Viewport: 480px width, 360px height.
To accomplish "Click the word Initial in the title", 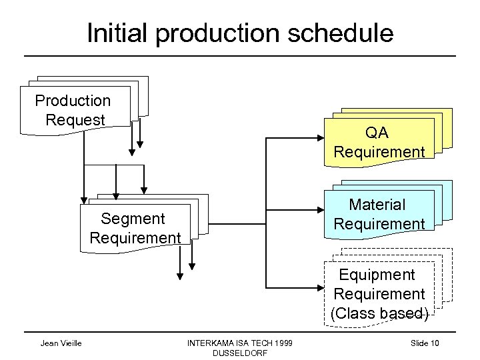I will click(x=122, y=33).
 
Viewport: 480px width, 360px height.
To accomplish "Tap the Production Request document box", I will click(x=73, y=111).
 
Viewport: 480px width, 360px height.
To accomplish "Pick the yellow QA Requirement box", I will click(x=379, y=143).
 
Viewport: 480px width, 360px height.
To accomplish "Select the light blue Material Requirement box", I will click(x=379, y=214).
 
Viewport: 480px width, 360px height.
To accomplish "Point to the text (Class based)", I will click(x=379, y=313).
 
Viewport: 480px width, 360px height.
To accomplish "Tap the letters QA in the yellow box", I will click(x=379, y=133).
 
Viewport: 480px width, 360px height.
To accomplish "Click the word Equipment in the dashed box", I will click(x=377, y=275).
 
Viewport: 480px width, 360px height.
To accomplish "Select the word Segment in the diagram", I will click(x=133, y=219).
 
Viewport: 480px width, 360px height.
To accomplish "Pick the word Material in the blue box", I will click(x=378, y=204).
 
